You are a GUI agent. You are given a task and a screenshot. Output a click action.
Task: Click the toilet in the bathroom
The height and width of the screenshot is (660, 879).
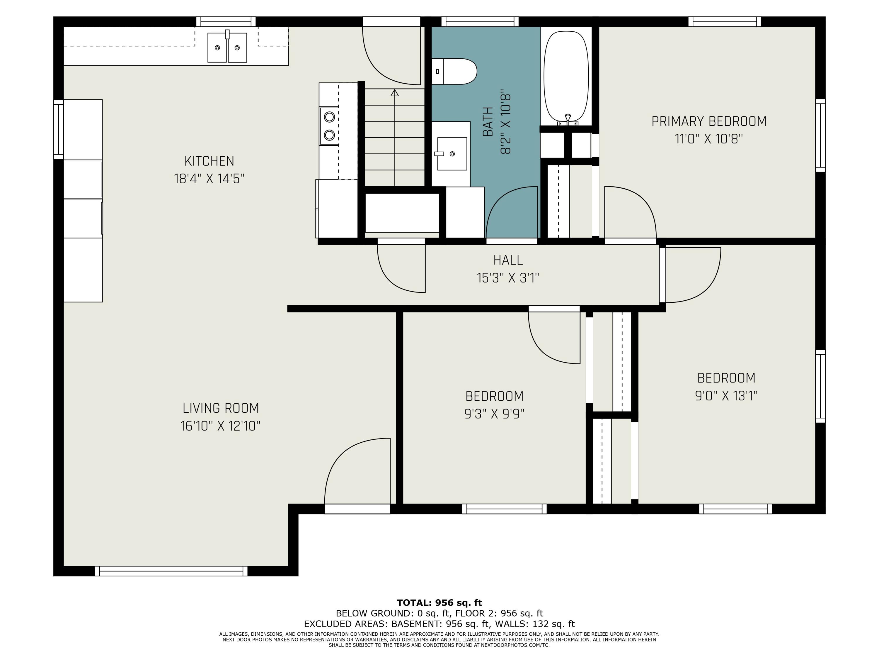click(455, 72)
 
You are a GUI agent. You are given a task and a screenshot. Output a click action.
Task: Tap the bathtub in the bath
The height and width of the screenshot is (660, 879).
click(565, 76)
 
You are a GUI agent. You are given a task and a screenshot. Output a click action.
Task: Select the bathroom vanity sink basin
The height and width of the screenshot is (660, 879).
click(452, 154)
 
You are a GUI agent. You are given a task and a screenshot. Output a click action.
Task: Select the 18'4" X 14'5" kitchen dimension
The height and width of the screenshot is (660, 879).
click(209, 179)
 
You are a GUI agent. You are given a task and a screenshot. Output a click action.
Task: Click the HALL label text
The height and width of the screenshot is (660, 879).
click(507, 260)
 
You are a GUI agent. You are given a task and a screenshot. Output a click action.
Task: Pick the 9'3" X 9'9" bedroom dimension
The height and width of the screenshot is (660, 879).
click(494, 414)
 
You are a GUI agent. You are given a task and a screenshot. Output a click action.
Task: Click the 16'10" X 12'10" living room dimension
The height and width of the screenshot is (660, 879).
click(221, 426)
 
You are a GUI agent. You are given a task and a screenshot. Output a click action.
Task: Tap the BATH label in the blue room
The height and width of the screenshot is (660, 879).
click(488, 121)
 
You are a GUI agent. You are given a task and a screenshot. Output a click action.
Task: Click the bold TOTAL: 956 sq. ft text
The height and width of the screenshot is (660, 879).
click(439, 603)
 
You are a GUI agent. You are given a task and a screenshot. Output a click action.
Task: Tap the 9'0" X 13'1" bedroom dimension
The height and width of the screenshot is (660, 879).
click(726, 396)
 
